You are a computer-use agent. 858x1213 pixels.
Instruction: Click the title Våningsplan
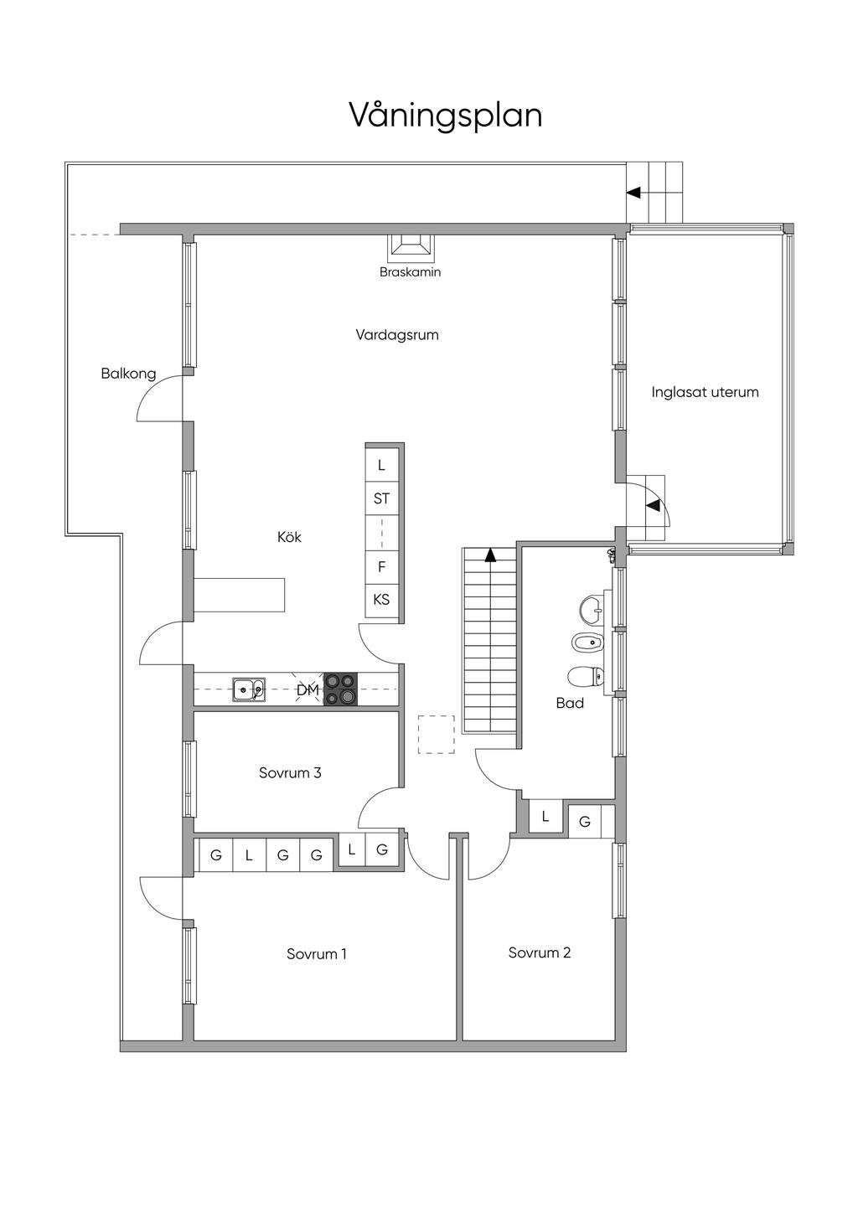(445, 116)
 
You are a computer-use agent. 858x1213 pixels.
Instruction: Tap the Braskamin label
(410, 272)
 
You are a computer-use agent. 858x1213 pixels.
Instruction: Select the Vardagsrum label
(397, 334)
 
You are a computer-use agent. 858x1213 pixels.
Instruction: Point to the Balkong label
(128, 374)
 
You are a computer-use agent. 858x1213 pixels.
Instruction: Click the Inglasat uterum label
(705, 392)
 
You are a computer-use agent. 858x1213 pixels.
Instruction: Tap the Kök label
(289, 537)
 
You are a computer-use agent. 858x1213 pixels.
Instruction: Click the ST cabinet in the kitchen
(381, 498)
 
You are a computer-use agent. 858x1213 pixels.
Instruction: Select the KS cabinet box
(381, 600)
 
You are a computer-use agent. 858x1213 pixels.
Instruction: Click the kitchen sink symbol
(249, 690)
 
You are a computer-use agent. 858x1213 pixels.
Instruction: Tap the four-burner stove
(341, 689)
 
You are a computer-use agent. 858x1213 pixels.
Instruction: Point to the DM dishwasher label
(308, 690)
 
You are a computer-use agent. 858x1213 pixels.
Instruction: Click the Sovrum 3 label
(290, 772)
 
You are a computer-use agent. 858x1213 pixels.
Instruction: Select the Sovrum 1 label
(317, 953)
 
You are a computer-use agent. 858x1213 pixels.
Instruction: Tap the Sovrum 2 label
(540, 952)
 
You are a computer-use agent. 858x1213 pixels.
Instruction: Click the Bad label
(570, 703)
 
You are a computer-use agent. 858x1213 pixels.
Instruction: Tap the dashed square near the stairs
(436, 735)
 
